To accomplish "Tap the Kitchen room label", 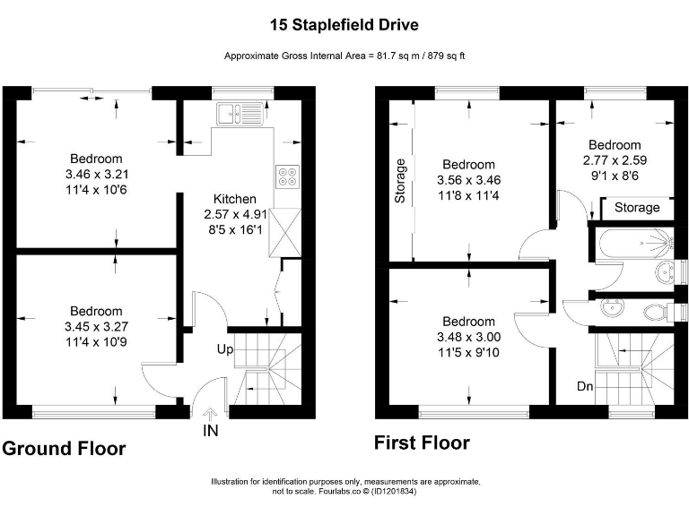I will tap(234, 199).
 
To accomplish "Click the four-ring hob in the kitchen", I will tap(289, 176).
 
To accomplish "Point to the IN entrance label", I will tap(210, 430).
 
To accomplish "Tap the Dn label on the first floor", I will tap(584, 387).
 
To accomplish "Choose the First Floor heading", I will tap(422, 443).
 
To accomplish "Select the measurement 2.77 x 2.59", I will tap(615, 159).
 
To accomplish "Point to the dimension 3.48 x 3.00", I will tap(468, 337).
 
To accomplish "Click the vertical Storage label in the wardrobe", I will tap(401, 181).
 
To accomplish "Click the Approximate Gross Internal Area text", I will tap(344, 56).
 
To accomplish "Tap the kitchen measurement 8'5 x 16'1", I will tap(234, 229).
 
